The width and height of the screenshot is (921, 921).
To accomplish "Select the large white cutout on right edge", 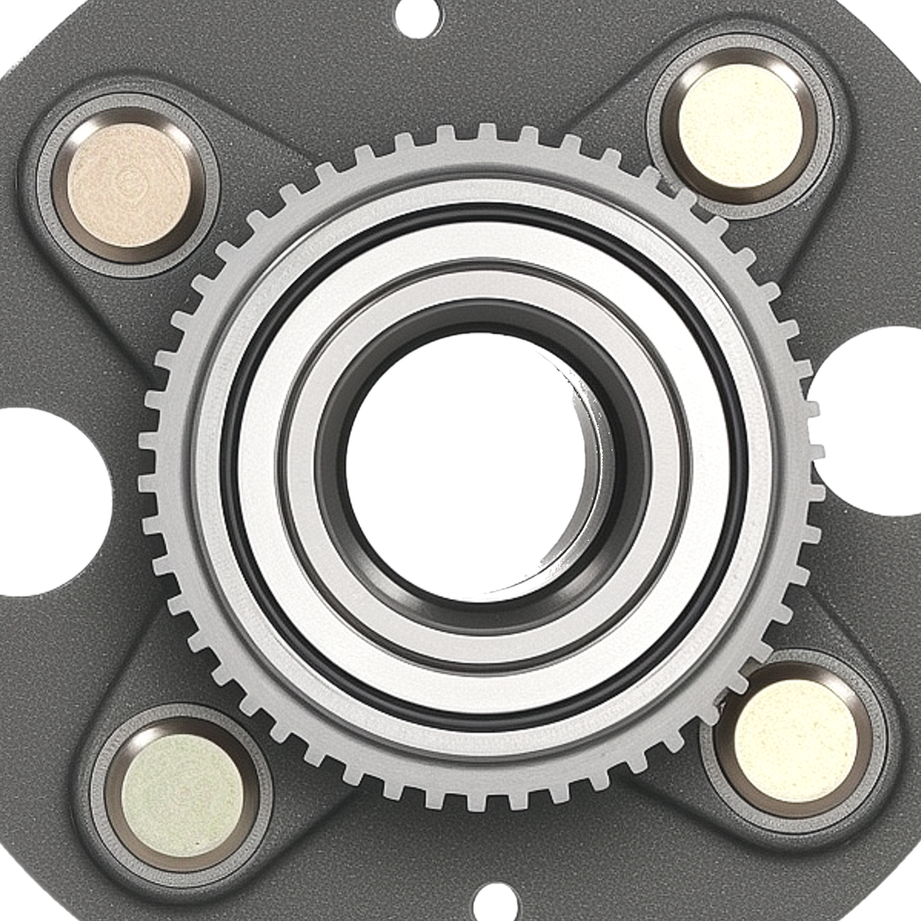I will click(875, 420).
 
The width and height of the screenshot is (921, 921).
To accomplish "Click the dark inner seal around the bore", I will click(334, 478).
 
